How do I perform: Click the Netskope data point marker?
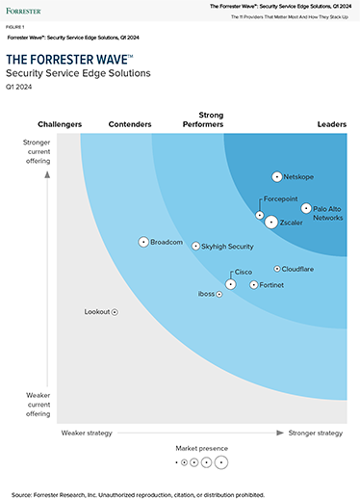click(x=277, y=177)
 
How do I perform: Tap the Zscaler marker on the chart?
click(x=271, y=223)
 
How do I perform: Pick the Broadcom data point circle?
click(x=143, y=242)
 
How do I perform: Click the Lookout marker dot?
click(x=115, y=312)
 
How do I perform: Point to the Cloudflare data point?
click(x=277, y=269)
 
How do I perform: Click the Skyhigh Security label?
click(x=227, y=247)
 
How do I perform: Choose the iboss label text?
click(x=206, y=294)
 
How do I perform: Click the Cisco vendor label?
click(x=244, y=273)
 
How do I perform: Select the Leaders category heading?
click(x=332, y=124)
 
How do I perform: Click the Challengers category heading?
click(x=60, y=124)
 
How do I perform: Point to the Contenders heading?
click(x=130, y=124)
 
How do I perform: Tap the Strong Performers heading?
click(x=203, y=119)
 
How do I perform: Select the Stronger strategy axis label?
click(x=315, y=433)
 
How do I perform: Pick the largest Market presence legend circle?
click(x=221, y=462)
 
